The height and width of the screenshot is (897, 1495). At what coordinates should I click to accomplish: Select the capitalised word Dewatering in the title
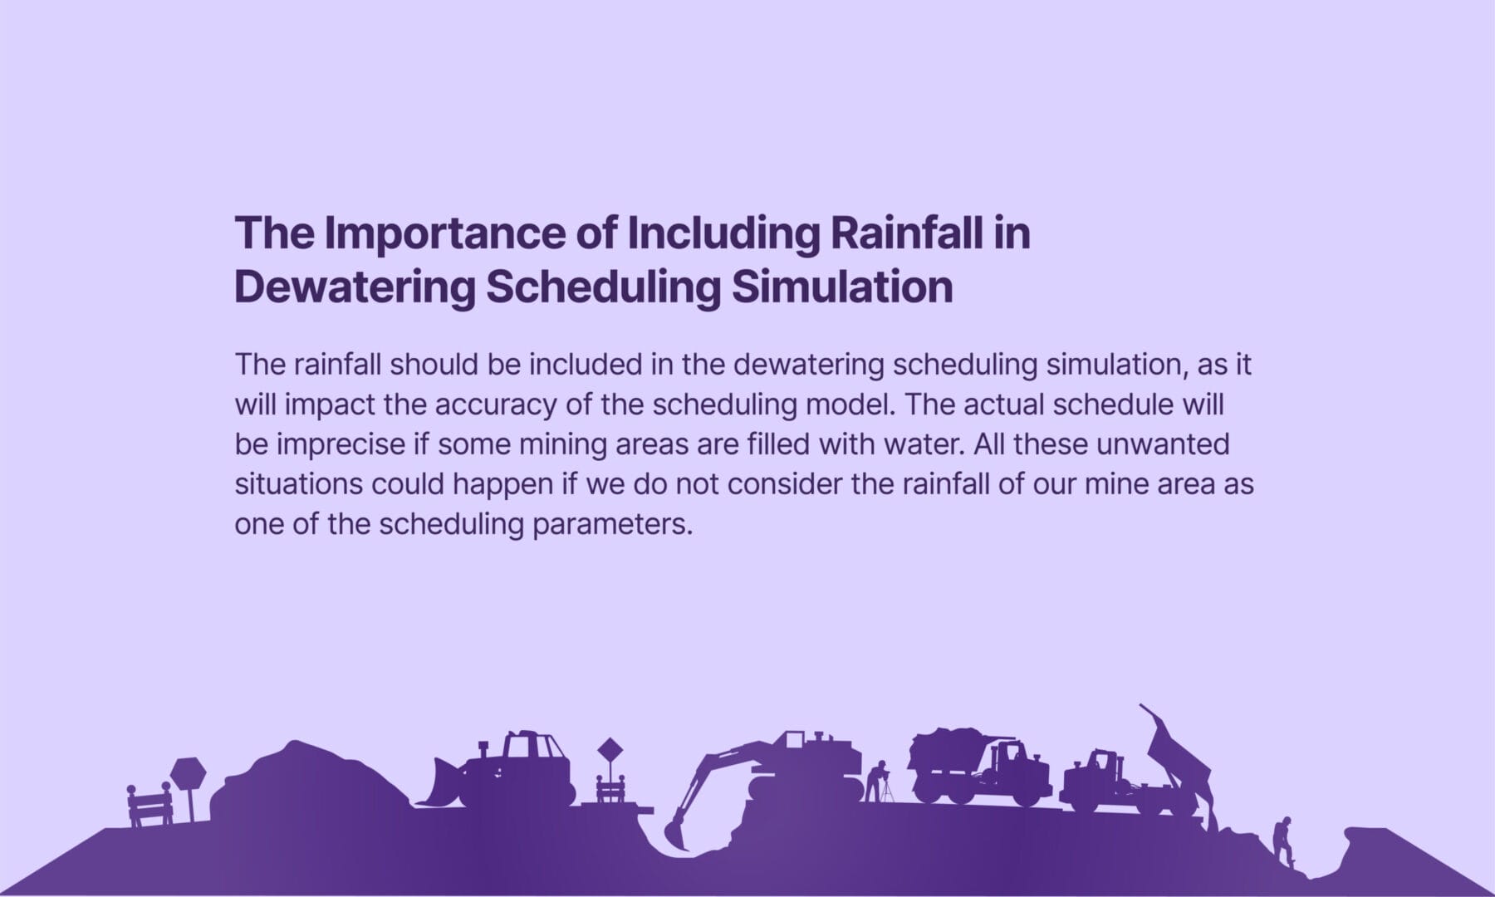tap(355, 287)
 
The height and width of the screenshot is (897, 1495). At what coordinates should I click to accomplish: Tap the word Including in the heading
tap(723, 233)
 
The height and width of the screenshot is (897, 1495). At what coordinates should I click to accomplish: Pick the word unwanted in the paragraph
tap(1163, 444)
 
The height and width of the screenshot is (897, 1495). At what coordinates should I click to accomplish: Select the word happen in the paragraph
tap(502, 484)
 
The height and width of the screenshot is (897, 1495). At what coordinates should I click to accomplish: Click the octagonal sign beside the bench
tap(188, 774)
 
